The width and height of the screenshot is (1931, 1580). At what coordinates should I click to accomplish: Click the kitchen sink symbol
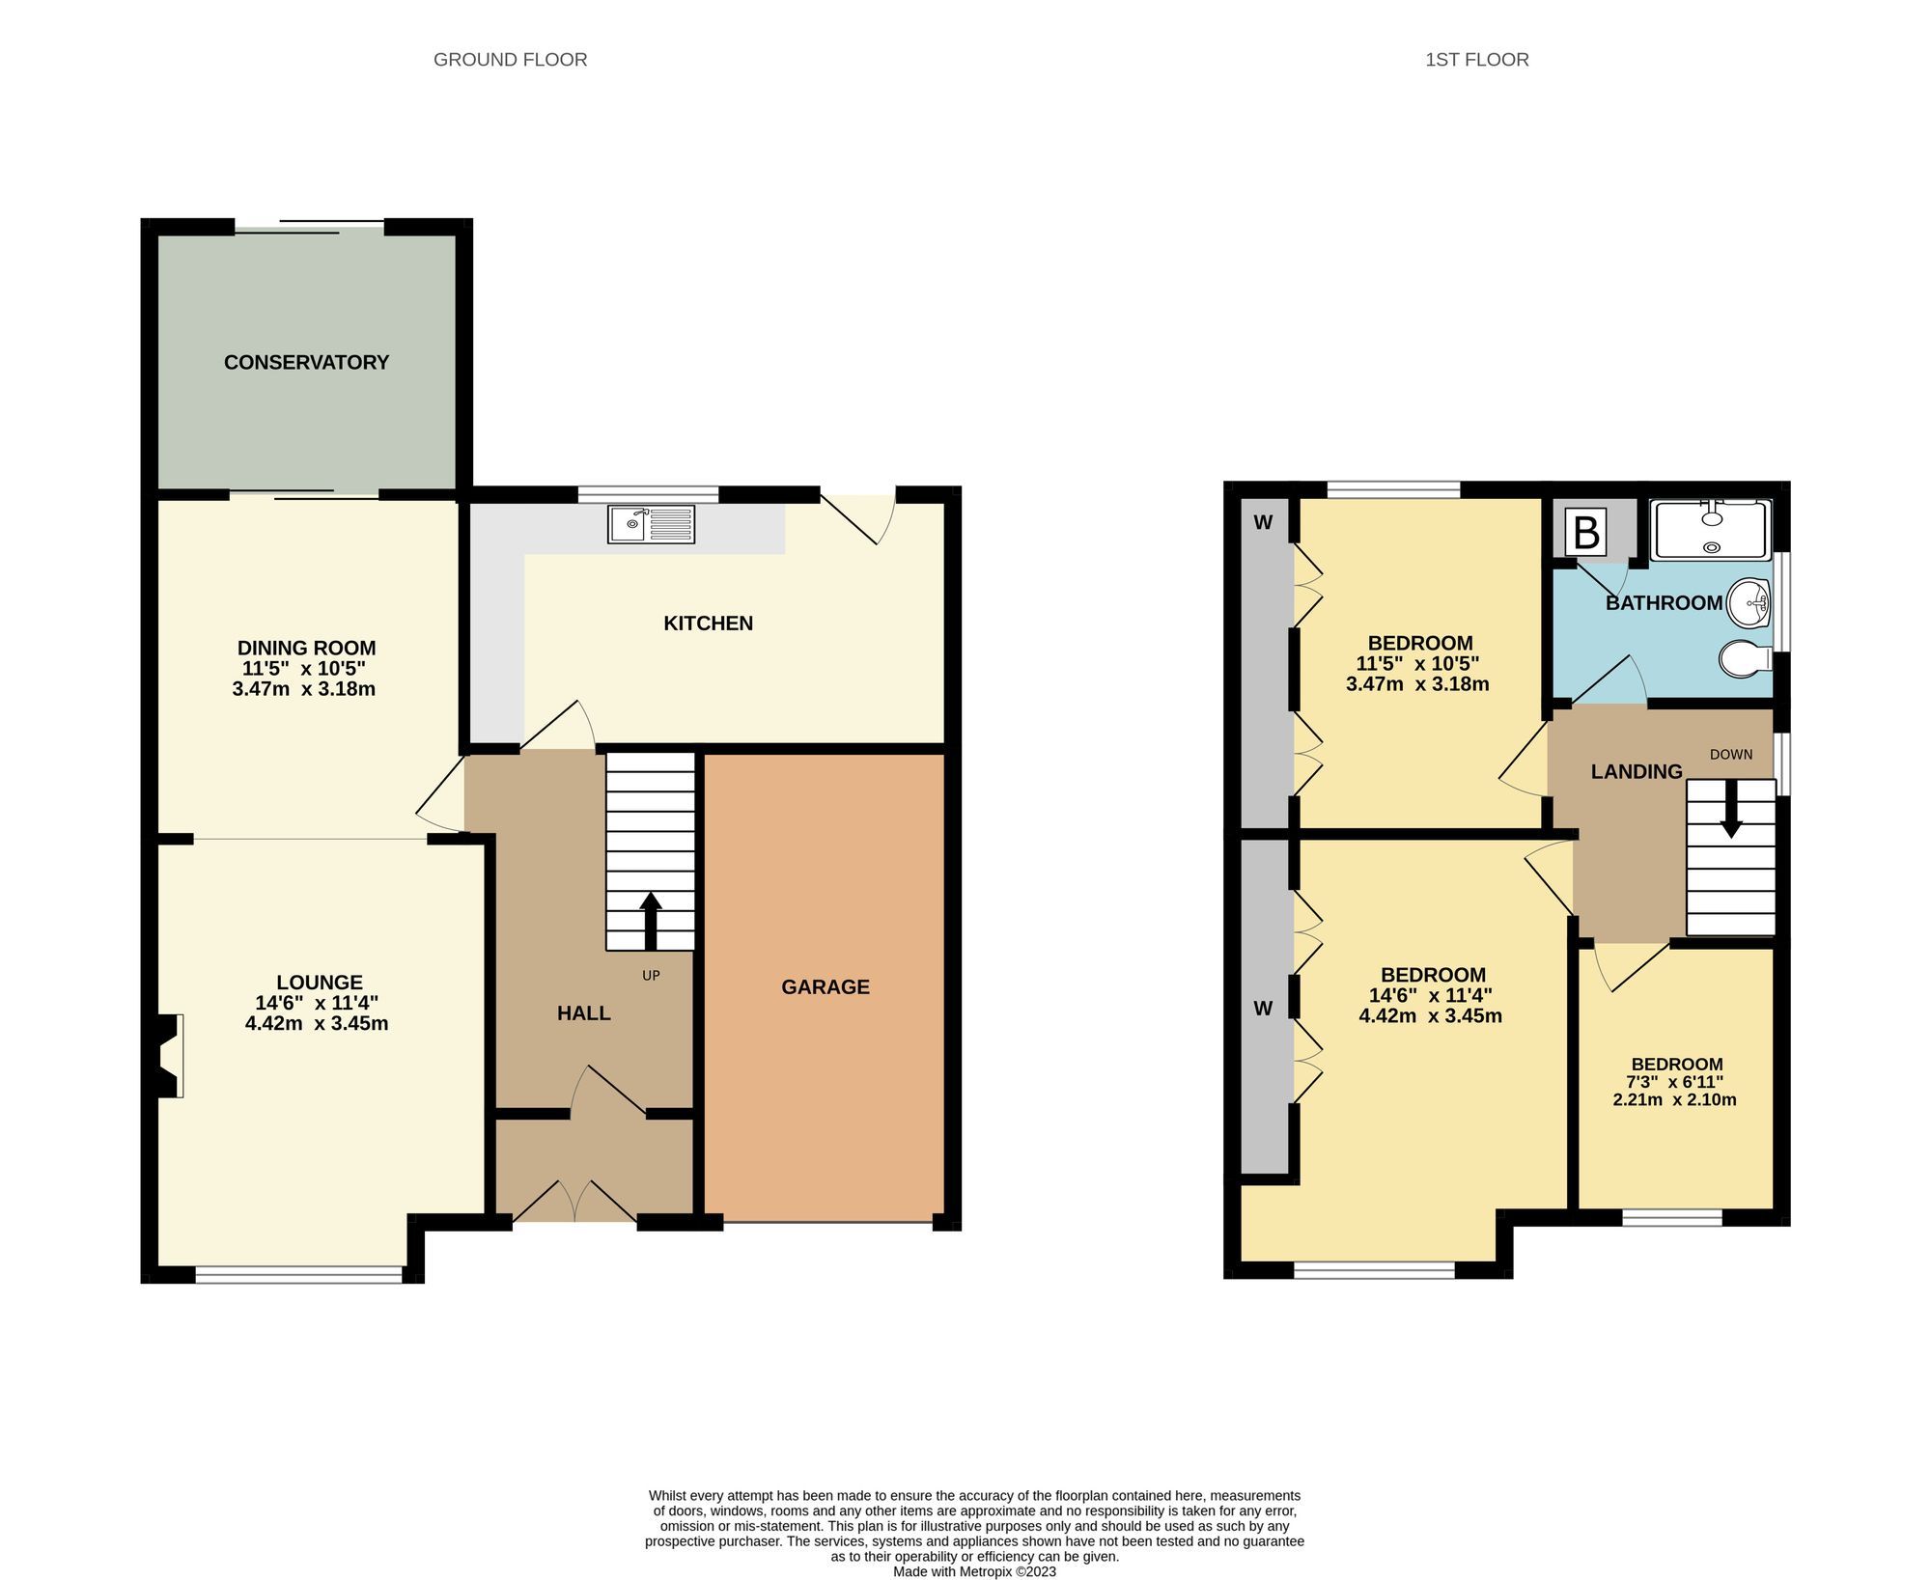pyautogui.click(x=651, y=524)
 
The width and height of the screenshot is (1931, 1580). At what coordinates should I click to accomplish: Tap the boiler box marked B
pyautogui.click(x=1586, y=532)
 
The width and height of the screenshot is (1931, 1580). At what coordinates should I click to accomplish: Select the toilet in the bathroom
pyautogui.click(x=1746, y=658)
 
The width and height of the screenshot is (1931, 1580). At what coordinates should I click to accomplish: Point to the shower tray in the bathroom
pyautogui.click(x=1711, y=530)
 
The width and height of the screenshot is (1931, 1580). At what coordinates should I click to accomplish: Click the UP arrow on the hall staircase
pyautogui.click(x=651, y=921)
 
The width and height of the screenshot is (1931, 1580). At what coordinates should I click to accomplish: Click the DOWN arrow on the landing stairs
pyautogui.click(x=1731, y=808)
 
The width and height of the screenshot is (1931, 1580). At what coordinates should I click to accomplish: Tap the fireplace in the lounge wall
pyautogui.click(x=166, y=1055)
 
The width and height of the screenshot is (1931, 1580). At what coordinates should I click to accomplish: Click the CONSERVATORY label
pyautogui.click(x=306, y=362)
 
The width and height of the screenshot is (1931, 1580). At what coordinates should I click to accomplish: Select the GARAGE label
pyautogui.click(x=826, y=986)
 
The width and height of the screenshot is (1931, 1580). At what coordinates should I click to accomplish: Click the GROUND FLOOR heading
pyautogui.click(x=510, y=60)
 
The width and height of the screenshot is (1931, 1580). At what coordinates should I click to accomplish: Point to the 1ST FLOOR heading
pyautogui.click(x=1476, y=60)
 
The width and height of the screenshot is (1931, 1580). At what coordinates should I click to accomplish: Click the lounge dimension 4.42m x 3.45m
pyautogui.click(x=317, y=1023)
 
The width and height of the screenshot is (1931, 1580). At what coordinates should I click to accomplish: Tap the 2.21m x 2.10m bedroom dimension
pyautogui.click(x=1674, y=1099)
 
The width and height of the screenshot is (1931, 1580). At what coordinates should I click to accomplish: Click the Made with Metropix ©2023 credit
pyautogui.click(x=974, y=1571)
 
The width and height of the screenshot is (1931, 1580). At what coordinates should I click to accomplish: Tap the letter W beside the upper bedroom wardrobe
pyautogui.click(x=1263, y=523)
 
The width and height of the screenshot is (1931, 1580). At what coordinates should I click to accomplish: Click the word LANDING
pyautogui.click(x=1637, y=771)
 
